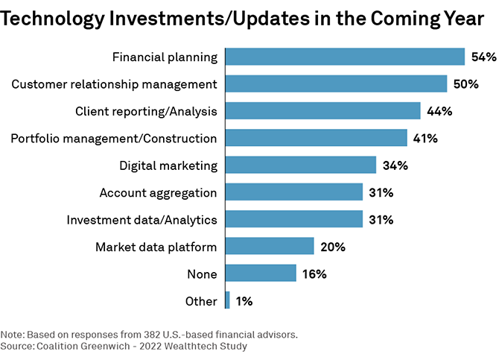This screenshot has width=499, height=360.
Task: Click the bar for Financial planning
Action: (x=345, y=57)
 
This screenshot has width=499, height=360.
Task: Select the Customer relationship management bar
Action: (x=336, y=83)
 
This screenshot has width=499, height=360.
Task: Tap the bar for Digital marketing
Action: (x=300, y=165)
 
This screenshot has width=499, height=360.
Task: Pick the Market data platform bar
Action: (x=269, y=246)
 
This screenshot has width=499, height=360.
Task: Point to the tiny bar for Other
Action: (x=227, y=300)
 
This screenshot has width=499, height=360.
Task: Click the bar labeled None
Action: (x=260, y=274)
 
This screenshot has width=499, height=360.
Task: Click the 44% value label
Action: (x=439, y=111)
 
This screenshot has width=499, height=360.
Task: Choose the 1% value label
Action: (x=244, y=301)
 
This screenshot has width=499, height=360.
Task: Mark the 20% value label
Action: (x=332, y=247)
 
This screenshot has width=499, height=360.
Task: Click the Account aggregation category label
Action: (x=158, y=192)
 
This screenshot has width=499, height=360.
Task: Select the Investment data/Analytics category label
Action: (x=142, y=220)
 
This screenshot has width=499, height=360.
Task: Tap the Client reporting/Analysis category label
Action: (x=146, y=111)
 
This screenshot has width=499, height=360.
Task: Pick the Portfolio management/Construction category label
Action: (x=114, y=138)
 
